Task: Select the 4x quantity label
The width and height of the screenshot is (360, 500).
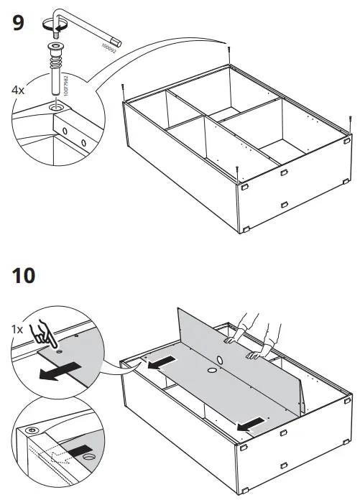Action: point(19,91)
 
